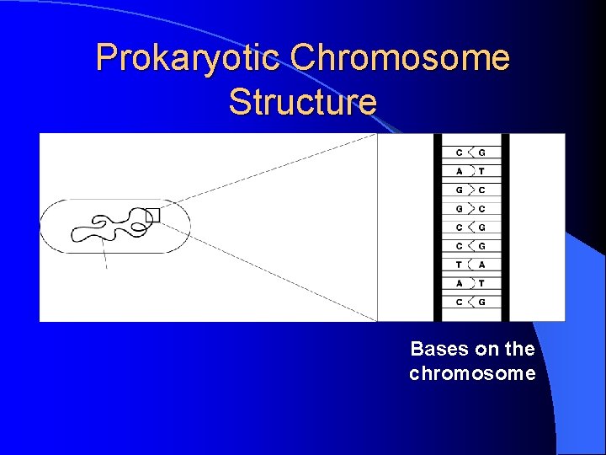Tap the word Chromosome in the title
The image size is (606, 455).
tap(400, 58)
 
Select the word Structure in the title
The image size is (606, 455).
tap(302, 102)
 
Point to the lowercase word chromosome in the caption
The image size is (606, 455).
tap(472, 373)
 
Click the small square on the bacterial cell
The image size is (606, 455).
tap(152, 215)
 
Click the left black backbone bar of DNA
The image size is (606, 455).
tap(438, 227)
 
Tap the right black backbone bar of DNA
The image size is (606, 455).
tap(504, 227)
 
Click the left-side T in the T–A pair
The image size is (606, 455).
tap(459, 265)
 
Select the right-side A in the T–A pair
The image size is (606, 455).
tap(481, 265)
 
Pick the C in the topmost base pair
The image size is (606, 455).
tap(459, 153)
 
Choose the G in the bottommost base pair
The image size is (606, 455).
tap(481, 302)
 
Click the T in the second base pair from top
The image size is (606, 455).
tap(481, 171)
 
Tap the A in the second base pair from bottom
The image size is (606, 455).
tap(459, 283)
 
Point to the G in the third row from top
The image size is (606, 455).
tap(459, 190)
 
